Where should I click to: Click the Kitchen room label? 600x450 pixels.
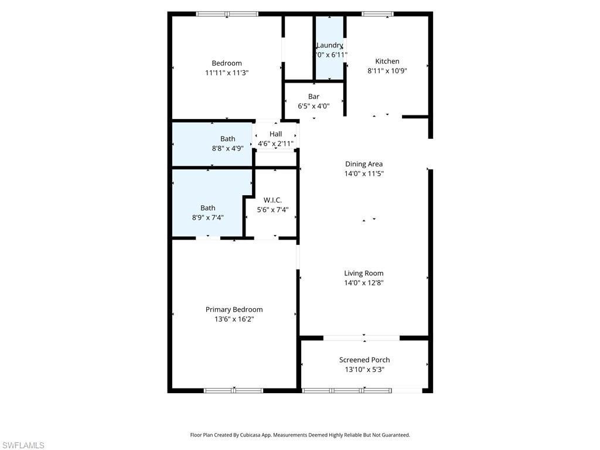tap(387, 61)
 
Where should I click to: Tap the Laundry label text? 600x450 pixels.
tap(329, 45)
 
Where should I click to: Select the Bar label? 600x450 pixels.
tap(313, 96)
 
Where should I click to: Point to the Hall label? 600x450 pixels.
tap(275, 134)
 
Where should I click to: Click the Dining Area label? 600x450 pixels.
tap(364, 164)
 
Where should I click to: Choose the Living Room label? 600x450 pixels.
tap(364, 273)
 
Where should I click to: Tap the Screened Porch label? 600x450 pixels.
tap(364, 360)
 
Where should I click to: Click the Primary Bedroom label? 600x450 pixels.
tap(234, 309)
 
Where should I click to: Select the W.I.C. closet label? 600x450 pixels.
tap(272, 200)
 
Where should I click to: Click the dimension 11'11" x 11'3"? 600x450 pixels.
tap(227, 73)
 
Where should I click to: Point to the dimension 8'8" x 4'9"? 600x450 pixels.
tap(228, 149)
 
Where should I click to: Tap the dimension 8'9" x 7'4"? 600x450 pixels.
tap(208, 217)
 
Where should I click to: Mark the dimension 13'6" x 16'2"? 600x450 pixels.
tap(234, 319)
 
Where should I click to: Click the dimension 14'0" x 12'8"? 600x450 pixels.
tap(364, 283)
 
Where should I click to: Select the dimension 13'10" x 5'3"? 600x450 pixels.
tap(364, 370)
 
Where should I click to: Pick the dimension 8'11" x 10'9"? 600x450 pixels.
tap(387, 71)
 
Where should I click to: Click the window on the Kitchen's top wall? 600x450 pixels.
tap(377, 14)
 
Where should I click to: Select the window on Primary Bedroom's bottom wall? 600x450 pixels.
tap(233, 390)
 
